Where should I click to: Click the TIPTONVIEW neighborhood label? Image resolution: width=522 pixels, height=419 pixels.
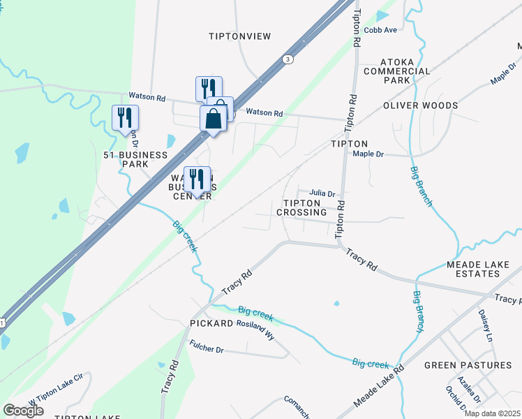tap(239, 36)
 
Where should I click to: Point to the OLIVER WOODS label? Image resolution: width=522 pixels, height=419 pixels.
tap(420, 105)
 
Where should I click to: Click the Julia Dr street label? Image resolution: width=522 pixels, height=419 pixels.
tap(322, 193)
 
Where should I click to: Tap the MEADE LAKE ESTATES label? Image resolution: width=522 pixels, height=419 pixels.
tap(483, 270)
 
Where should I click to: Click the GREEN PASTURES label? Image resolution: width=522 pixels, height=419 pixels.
tap(468, 365)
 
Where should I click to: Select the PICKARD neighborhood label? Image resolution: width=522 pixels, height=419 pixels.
tap(211, 324)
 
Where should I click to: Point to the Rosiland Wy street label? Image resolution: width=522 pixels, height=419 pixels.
tap(255, 330)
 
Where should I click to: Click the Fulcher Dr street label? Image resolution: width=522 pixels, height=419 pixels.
tap(206, 346)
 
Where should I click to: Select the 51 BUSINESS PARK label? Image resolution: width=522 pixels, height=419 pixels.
tap(126, 159)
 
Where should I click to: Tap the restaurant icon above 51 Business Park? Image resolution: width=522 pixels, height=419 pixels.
tap(126, 117)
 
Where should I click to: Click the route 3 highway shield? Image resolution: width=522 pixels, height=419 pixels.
tap(288, 59)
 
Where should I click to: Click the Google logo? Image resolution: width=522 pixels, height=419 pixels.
tap(23, 411)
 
